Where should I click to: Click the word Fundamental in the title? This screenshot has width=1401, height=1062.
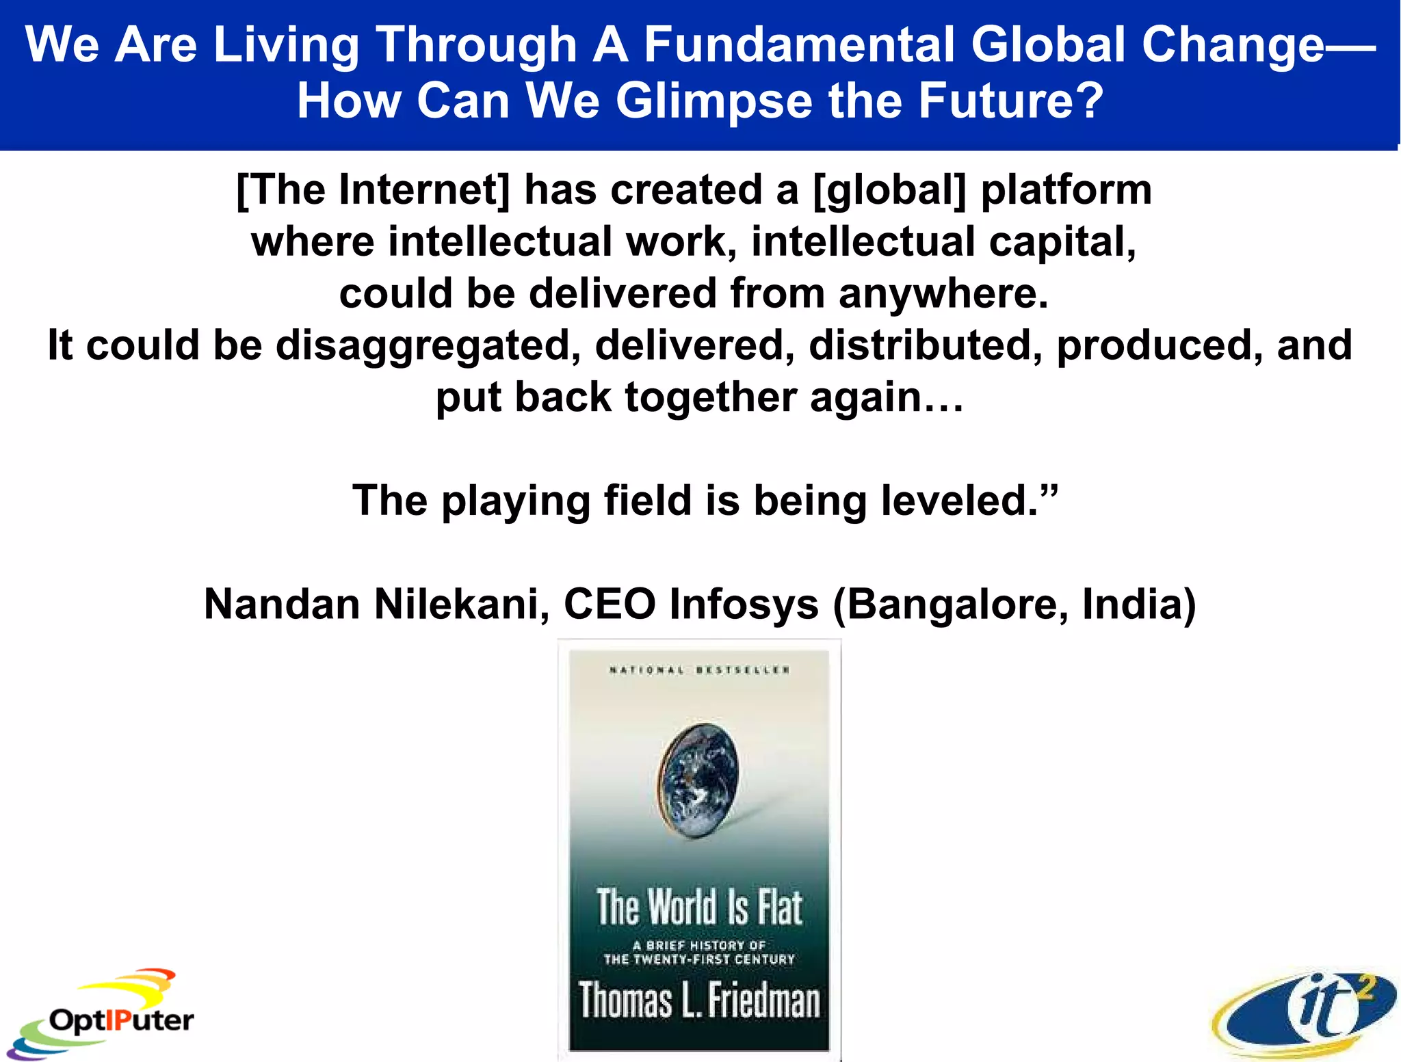[800, 44]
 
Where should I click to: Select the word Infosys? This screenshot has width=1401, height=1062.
[744, 605]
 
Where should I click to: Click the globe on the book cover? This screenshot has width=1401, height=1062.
[698, 780]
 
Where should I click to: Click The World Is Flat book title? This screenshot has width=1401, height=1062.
[698, 907]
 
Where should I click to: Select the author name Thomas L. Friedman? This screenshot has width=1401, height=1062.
[698, 1000]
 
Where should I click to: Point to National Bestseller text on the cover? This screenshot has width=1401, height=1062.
[698, 669]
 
